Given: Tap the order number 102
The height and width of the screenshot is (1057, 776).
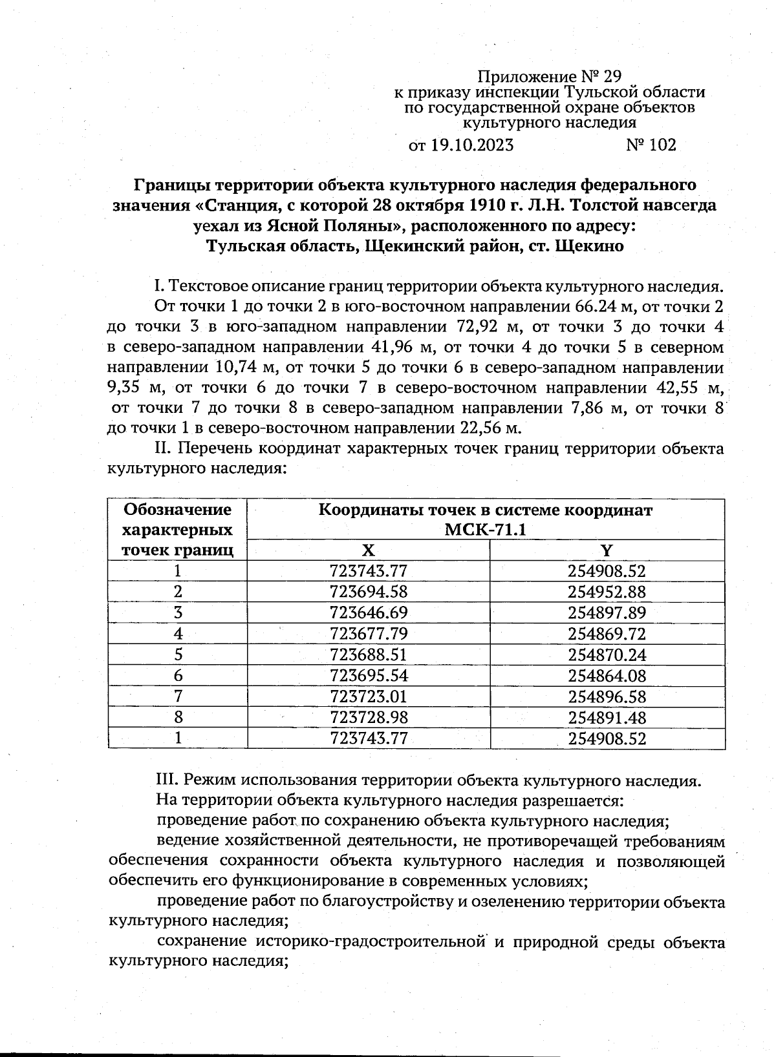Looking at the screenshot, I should (661, 145).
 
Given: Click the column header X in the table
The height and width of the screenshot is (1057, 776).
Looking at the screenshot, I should (368, 550).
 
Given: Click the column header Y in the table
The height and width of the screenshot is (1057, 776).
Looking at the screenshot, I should (607, 550).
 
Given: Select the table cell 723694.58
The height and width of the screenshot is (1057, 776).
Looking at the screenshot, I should (368, 592).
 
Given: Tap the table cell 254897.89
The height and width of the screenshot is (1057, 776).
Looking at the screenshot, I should (607, 612).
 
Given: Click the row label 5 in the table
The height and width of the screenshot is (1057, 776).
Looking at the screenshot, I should (178, 654).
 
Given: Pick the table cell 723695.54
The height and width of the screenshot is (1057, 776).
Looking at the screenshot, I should (368, 676).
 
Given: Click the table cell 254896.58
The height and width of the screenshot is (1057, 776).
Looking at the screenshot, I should (607, 696).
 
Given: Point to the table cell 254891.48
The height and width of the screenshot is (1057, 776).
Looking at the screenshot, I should (607, 718).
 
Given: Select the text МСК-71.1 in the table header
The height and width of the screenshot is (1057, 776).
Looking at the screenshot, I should (484, 530).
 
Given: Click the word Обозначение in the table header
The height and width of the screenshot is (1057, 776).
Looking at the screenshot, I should (178, 510).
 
